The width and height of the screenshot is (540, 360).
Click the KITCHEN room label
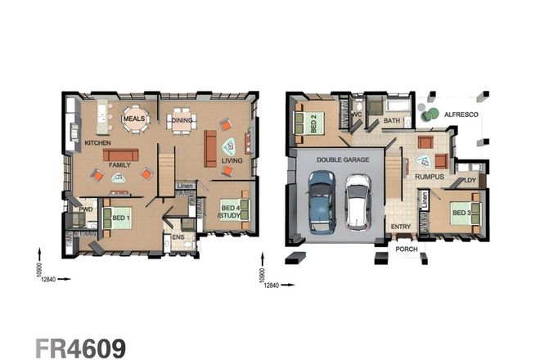97,143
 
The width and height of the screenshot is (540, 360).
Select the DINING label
182,120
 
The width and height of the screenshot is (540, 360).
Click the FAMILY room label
120,164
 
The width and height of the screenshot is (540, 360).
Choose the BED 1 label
119,218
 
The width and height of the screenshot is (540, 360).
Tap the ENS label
178,240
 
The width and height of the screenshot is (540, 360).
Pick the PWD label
84,210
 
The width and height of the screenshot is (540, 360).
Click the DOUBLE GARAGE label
342,160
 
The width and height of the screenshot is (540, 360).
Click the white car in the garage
358,201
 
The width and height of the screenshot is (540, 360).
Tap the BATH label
391,121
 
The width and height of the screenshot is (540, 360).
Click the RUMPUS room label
430,176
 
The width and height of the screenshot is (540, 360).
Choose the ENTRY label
401,227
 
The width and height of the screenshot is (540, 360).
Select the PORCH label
406,248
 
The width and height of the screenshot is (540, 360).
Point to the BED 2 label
313,124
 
